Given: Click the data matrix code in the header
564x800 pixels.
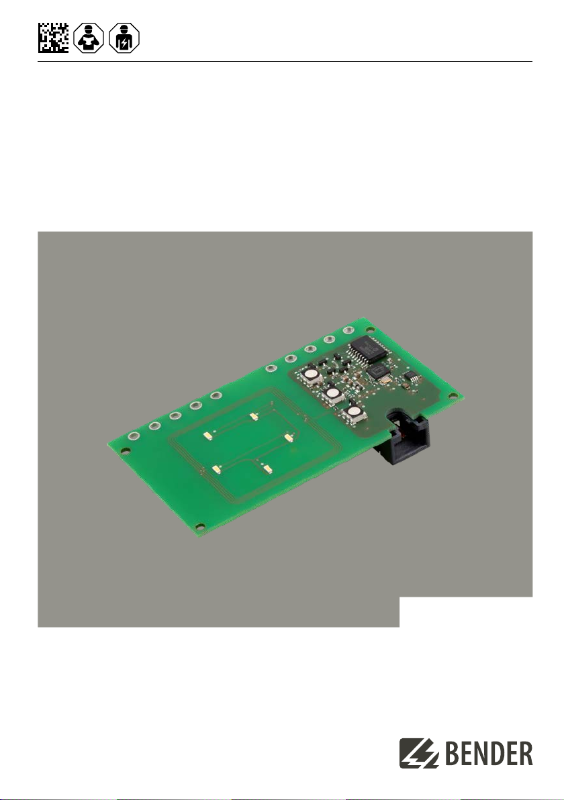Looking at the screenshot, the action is pyautogui.click(x=53, y=38).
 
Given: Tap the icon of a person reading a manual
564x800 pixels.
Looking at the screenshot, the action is pyautogui.click(x=89, y=38).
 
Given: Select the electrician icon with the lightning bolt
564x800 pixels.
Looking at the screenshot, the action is pyautogui.click(x=124, y=38).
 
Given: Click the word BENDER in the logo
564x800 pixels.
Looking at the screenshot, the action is pyautogui.click(x=489, y=754).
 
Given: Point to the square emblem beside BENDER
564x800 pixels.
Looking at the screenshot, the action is pyautogui.click(x=419, y=753).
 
